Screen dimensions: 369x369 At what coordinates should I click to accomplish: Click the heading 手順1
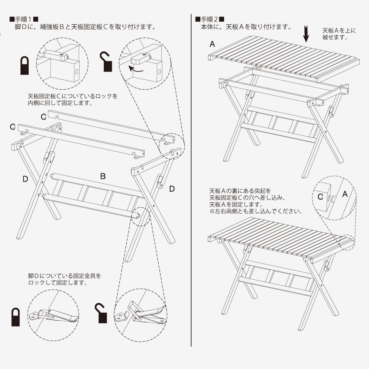coord(24,19)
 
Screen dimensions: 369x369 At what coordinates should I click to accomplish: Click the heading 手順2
coord(210,19)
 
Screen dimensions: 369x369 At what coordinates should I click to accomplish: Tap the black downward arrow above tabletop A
coord(306,34)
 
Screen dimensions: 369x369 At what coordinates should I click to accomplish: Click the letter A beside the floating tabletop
coord(212,44)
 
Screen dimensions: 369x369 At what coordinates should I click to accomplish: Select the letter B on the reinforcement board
coord(103,176)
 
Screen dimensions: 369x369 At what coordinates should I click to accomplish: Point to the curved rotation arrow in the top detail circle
coord(136,69)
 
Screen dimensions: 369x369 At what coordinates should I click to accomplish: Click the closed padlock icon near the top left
coord(24,65)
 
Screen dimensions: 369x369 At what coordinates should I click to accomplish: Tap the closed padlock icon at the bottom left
coord(15,317)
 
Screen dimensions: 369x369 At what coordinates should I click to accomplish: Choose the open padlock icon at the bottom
coord(101,313)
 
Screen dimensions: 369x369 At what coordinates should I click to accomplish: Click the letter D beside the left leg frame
coord(25,179)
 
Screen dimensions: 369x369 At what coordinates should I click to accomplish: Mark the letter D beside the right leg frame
coord(172,189)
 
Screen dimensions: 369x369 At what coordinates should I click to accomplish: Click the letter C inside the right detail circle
coord(320,197)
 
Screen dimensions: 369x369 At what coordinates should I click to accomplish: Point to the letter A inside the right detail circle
coord(345,194)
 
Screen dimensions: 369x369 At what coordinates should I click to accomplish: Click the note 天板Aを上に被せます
coord(339,34)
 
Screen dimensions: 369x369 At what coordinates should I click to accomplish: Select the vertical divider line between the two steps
coord(191,180)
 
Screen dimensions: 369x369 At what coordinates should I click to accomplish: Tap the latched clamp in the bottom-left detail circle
coord(53,315)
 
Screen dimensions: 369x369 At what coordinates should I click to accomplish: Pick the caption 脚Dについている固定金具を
coord(65,276)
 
